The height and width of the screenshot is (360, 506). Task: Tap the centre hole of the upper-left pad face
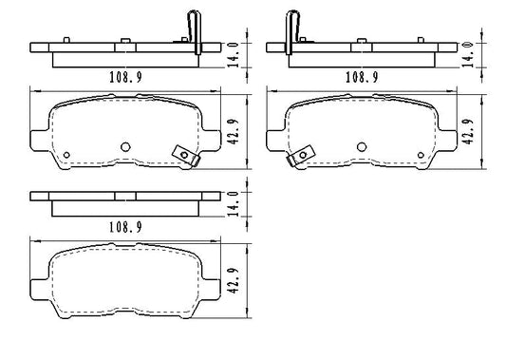(x=126, y=146)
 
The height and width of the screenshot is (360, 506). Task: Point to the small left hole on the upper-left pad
(x=66, y=156)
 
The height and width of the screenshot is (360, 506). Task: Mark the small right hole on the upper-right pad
(x=420, y=156)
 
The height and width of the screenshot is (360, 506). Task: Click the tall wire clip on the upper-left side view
(x=196, y=30)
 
